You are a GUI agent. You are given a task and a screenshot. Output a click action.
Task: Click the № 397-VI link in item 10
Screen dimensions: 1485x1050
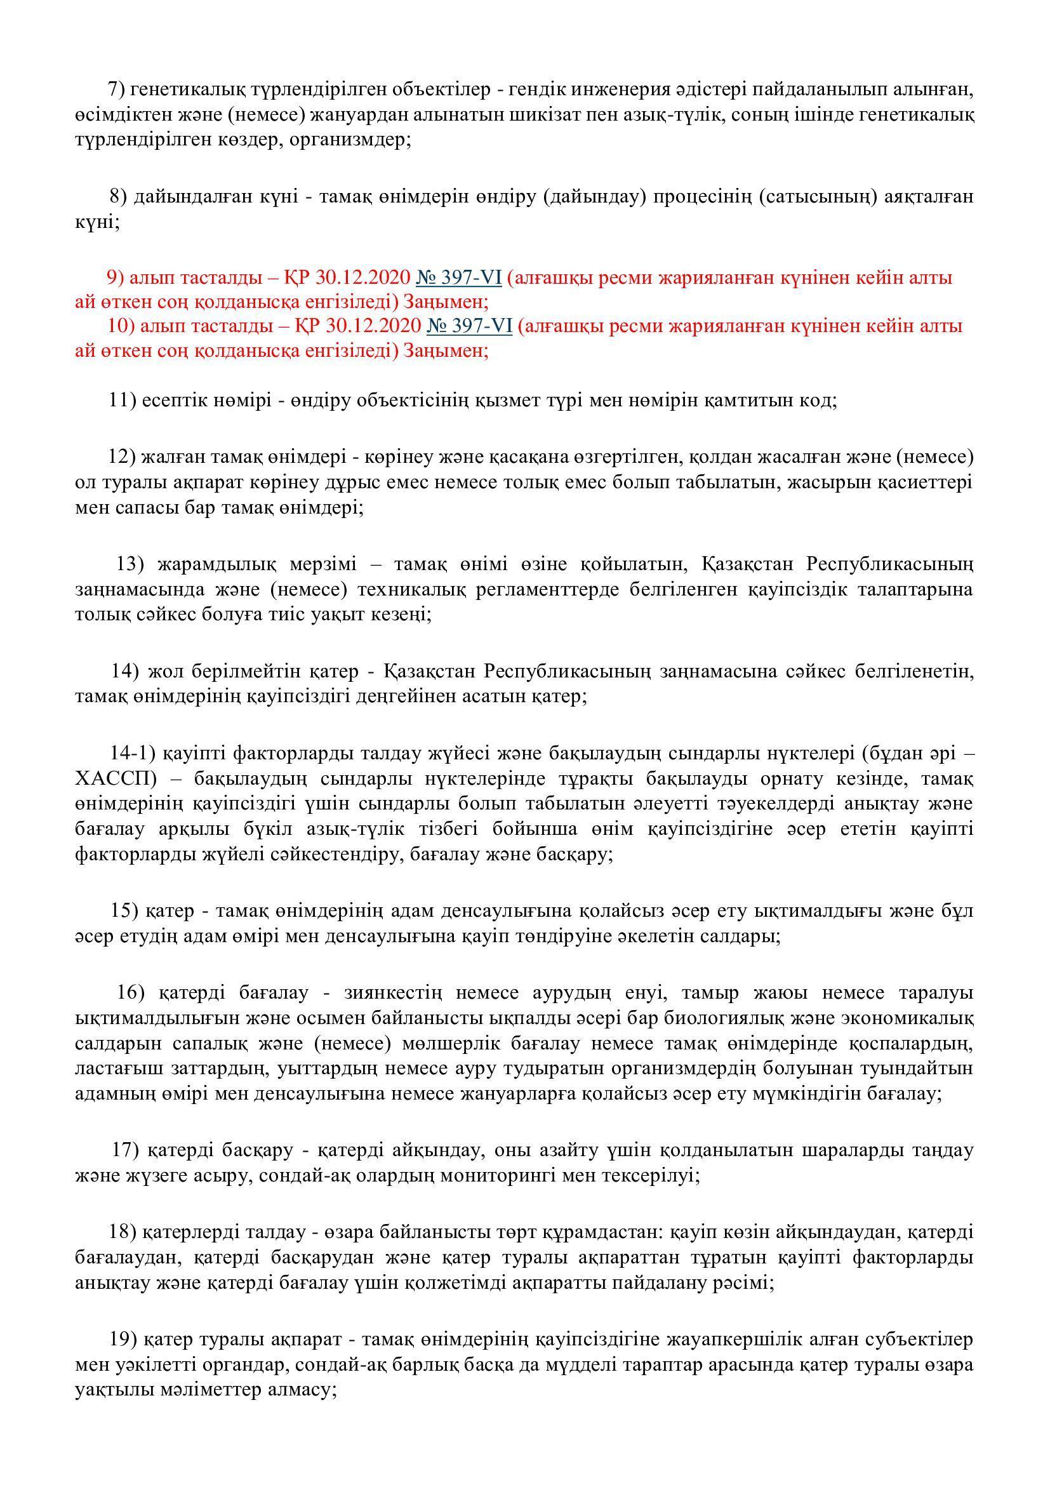pos(469,326)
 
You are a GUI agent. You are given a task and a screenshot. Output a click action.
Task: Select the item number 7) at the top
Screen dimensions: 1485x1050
pos(118,90)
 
